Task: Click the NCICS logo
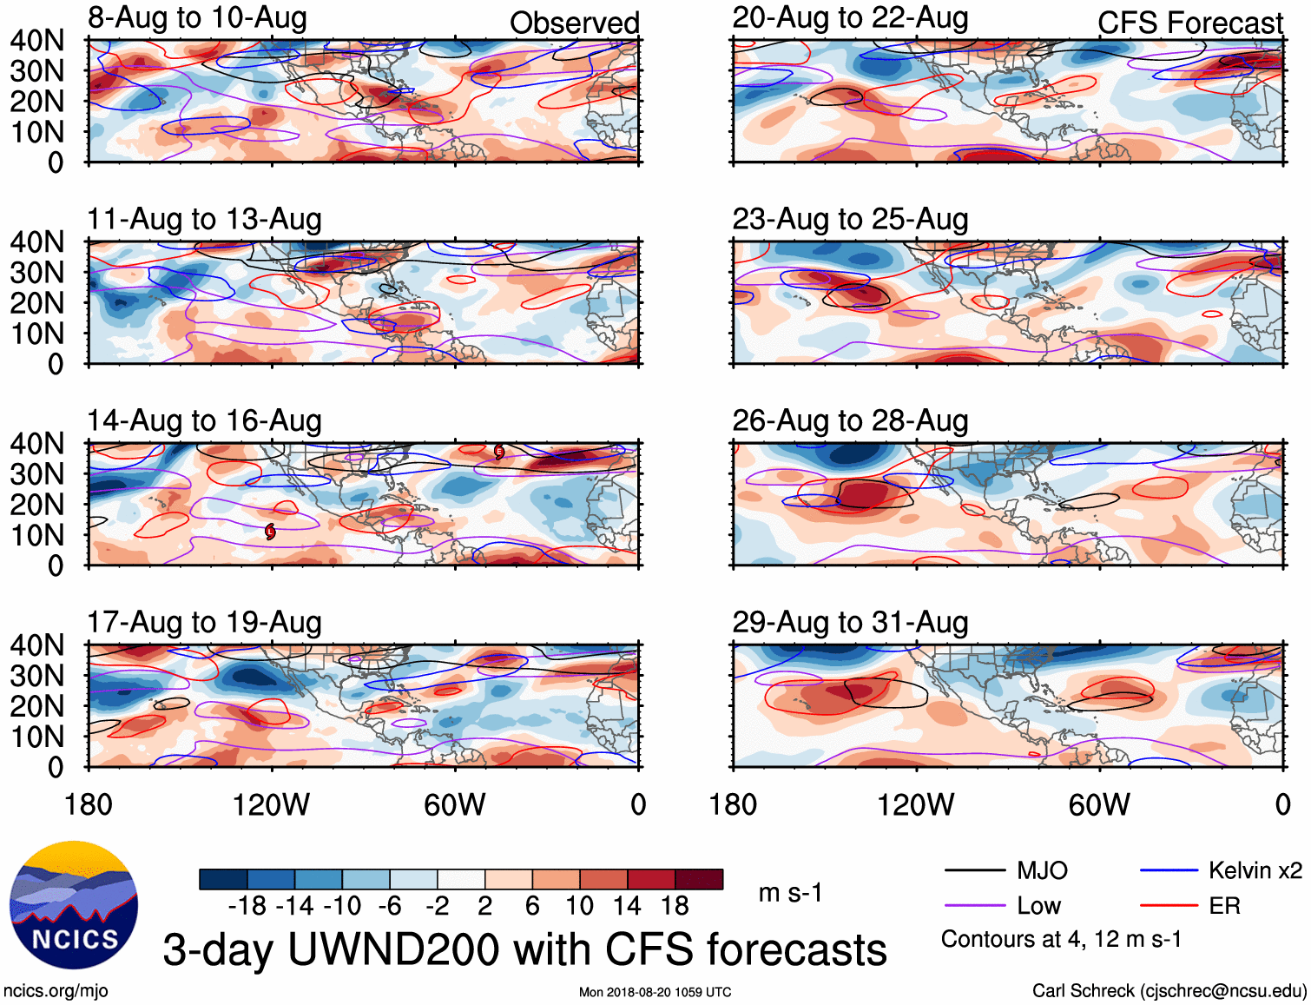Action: pyautogui.click(x=74, y=905)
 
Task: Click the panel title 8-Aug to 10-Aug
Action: pyautogui.click(x=197, y=17)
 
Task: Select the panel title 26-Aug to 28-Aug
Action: pyautogui.click(x=850, y=420)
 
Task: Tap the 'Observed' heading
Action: pyautogui.click(x=574, y=23)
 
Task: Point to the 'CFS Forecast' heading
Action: pyautogui.click(x=1189, y=23)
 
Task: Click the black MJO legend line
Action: pyautogui.click(x=974, y=870)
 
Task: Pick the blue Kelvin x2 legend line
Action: pyautogui.click(x=1169, y=870)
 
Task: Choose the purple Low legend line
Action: pyautogui.click(x=974, y=906)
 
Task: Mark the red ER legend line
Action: pyautogui.click(x=1169, y=906)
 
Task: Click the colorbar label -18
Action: pyautogui.click(x=247, y=906)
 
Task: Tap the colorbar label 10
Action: pyautogui.click(x=579, y=906)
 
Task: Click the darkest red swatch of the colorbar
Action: pyautogui.click(x=699, y=879)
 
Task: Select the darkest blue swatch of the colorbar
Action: pyautogui.click(x=223, y=879)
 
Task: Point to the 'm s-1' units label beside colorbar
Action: pyautogui.click(x=790, y=892)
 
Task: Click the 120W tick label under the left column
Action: pyautogui.click(x=271, y=804)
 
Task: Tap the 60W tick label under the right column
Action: pyautogui.click(x=1099, y=804)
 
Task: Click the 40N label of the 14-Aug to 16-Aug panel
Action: pyautogui.click(x=37, y=444)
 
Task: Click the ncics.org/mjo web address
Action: pyautogui.click(x=56, y=990)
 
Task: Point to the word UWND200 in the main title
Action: pyautogui.click(x=397, y=949)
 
